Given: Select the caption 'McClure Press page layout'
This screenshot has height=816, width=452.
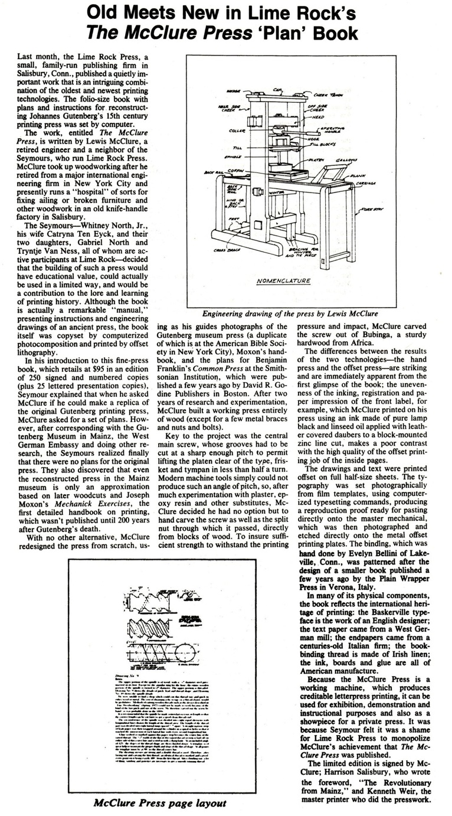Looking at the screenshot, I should click(x=159, y=803).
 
